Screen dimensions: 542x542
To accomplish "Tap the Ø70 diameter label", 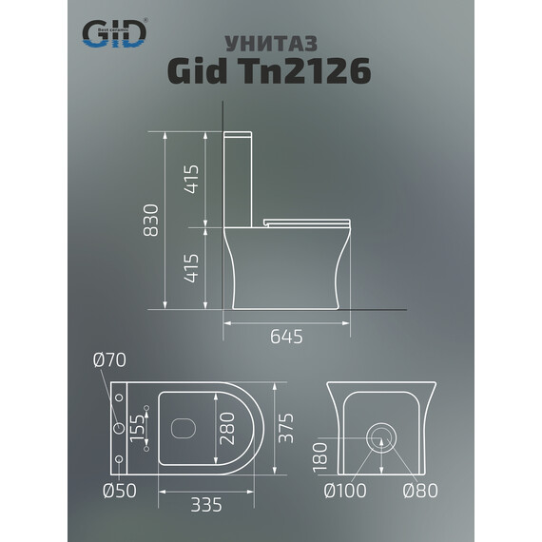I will point(109,360).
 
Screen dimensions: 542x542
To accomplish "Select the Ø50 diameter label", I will point(109,493).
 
